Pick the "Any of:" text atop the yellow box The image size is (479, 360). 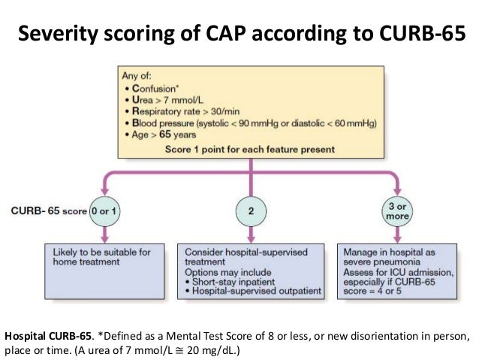pos(137,75)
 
